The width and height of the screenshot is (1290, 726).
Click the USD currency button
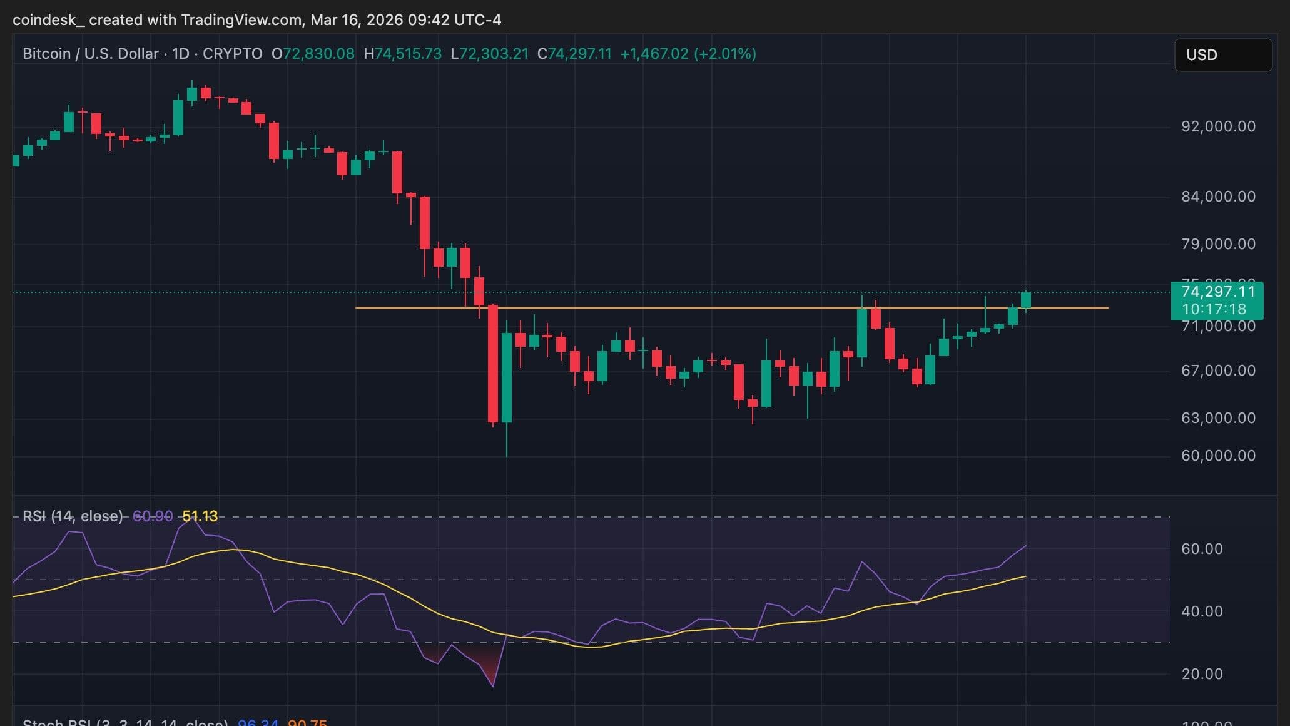[x=1222, y=55]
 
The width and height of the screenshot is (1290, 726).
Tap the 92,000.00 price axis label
[x=1218, y=126]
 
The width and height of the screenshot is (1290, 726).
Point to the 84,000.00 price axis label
[x=1218, y=197]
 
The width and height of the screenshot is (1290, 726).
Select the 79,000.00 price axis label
[x=1218, y=244]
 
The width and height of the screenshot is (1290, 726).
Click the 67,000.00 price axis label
[x=1218, y=371]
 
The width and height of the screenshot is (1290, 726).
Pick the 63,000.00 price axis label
[x=1218, y=418]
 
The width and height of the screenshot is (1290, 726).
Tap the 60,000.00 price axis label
[x=1218, y=456]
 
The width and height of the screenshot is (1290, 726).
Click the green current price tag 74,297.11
[x=1217, y=292]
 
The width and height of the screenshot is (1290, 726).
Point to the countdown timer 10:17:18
[x=1214, y=309]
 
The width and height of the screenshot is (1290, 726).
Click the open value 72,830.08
[x=318, y=54]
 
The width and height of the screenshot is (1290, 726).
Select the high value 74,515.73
[x=408, y=54]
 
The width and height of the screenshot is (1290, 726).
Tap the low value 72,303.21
[x=494, y=54]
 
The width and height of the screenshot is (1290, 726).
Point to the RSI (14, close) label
[x=73, y=516]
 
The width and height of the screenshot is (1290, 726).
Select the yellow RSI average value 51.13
[x=200, y=516]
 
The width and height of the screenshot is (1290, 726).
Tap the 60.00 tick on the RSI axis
[x=1201, y=549]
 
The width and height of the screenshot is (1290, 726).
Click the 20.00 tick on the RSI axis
[x=1201, y=674]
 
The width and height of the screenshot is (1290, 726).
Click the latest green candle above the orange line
[x=1026, y=300]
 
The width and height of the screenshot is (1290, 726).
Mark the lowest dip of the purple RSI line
[x=493, y=686]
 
